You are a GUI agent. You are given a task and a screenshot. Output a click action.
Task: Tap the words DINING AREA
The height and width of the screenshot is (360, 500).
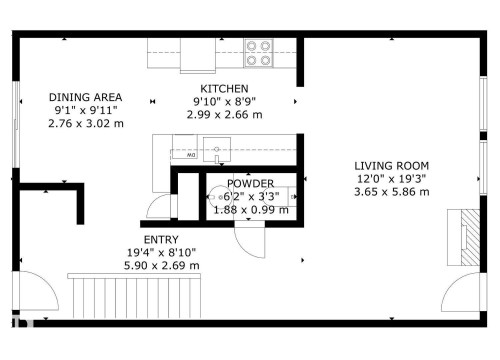coord(85,97)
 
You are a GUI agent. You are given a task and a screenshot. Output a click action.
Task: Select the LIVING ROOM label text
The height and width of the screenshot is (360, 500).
coord(391,165)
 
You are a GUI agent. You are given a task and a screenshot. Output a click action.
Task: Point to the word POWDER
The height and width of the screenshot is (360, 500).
coord(250,184)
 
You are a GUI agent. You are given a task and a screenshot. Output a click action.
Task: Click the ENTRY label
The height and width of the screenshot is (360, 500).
coord(161,240)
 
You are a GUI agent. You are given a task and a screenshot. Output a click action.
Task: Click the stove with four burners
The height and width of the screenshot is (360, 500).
coord(259,52)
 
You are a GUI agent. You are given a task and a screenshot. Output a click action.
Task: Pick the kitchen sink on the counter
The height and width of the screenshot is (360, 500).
coord(214,152)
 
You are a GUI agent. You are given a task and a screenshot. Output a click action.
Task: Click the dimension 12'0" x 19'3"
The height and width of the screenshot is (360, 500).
coord(391,178)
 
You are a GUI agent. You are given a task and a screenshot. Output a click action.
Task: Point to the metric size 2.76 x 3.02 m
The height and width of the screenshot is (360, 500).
coord(85,123)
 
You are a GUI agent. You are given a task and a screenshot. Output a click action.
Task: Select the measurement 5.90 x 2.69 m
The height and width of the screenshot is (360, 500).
coord(161,266)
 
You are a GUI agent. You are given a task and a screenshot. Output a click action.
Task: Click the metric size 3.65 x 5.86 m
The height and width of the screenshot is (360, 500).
coord(391,191)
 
